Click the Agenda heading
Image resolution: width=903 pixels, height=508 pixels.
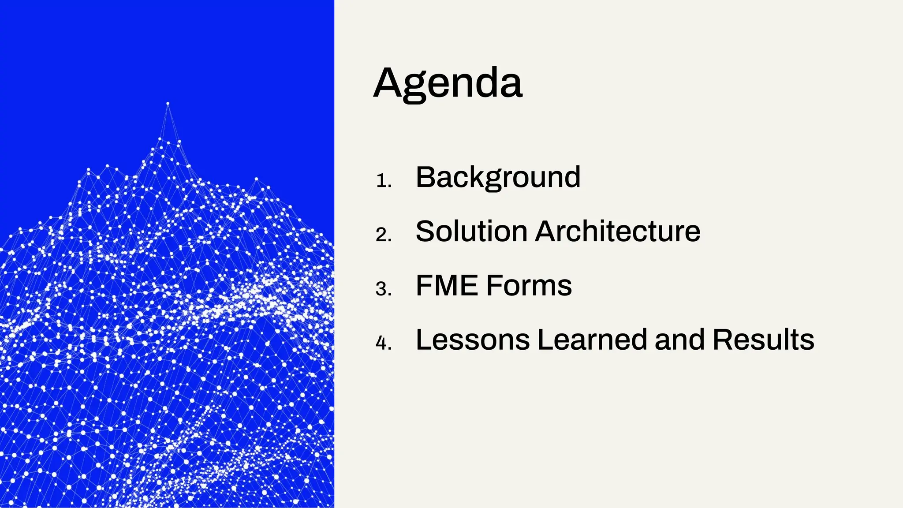coord(448,84)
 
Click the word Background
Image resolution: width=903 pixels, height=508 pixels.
coord(498,178)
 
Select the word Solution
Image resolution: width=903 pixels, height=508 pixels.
coord(471,232)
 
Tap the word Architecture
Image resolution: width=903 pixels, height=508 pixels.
coord(617,232)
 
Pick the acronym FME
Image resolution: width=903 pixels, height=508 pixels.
coord(447,286)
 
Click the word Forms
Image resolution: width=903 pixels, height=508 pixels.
coord(529,286)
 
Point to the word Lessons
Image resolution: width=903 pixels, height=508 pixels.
coord(473,340)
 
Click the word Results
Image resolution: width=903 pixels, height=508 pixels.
coord(763,340)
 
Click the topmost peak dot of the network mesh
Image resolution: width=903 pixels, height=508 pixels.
coord(168,104)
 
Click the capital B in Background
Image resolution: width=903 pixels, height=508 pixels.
coord(426,177)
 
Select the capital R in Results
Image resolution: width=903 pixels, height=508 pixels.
coord(723,340)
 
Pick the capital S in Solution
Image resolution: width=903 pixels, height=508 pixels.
coord(426,232)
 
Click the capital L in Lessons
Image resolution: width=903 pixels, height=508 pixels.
coord(424,340)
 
